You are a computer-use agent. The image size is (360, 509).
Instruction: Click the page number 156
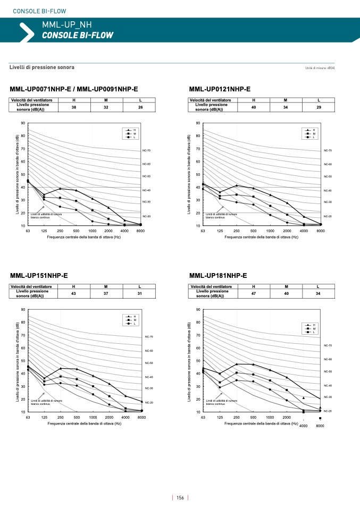click(x=180, y=498)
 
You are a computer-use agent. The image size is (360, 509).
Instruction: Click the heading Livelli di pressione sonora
click(x=42, y=67)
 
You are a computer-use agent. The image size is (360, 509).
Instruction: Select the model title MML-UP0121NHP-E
click(x=220, y=89)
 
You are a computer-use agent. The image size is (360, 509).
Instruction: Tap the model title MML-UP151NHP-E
click(x=39, y=276)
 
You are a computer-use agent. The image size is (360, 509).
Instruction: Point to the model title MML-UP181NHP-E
click(x=218, y=276)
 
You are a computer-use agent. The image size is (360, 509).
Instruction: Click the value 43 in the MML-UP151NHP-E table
click(x=74, y=293)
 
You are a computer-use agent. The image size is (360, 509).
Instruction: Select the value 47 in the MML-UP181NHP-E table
click(x=254, y=293)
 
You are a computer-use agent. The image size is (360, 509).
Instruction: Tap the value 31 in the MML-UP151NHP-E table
click(x=139, y=293)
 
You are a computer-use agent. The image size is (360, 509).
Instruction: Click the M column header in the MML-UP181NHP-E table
click(x=286, y=286)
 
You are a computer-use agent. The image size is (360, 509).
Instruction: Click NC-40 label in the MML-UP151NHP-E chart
click(x=149, y=377)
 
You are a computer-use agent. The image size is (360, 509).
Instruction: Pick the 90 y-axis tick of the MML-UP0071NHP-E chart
click(x=23, y=123)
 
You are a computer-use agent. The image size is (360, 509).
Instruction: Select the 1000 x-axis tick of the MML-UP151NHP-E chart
click(x=93, y=418)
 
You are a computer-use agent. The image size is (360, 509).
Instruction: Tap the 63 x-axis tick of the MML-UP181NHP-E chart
click(x=203, y=418)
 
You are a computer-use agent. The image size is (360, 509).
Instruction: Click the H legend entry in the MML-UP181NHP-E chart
click(x=314, y=325)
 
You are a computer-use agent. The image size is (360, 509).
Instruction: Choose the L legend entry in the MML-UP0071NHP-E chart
click(x=135, y=138)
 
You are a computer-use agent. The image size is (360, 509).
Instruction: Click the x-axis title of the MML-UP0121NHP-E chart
click(x=261, y=237)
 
